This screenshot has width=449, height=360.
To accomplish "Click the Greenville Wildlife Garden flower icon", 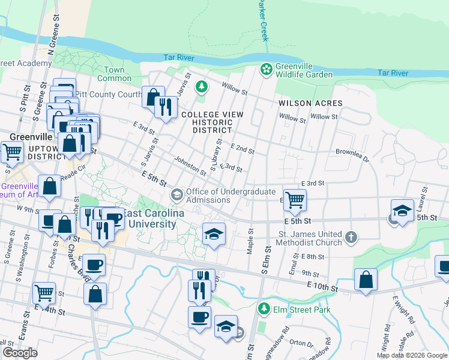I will click(265, 70).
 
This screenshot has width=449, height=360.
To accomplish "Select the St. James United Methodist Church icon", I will click(351, 238).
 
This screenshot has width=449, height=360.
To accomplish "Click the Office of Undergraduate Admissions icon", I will click(176, 194).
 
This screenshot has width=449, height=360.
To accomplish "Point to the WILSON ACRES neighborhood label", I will click(310, 103).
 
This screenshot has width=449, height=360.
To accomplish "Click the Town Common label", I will click(114, 74).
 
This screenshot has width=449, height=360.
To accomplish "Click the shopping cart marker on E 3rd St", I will click(294, 199).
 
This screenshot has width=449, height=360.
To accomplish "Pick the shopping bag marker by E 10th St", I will click(365, 279).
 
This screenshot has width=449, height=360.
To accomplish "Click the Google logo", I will click(20, 353).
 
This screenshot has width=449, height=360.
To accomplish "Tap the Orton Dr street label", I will click(298, 343).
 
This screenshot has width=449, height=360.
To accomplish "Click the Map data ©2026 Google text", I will click(411, 355).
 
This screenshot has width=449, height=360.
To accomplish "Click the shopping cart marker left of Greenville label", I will click(11, 152).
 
